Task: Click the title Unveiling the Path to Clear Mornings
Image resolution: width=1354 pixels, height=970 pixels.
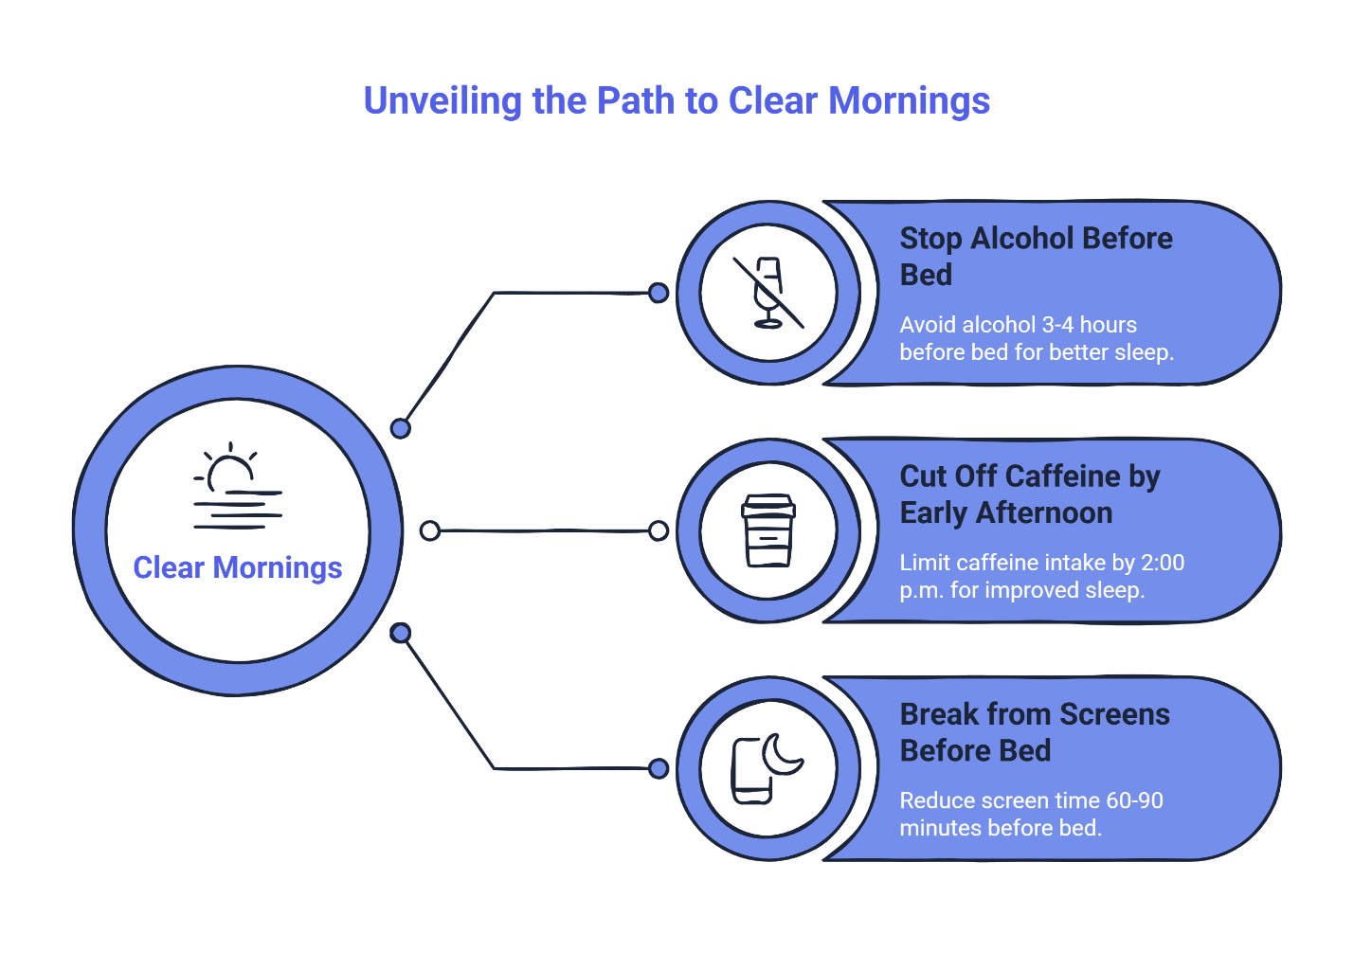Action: click(677, 101)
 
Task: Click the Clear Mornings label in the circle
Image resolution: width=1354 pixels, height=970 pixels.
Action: click(237, 567)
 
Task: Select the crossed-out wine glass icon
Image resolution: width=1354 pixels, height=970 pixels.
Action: click(768, 293)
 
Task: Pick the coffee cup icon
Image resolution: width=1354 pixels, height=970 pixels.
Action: click(768, 530)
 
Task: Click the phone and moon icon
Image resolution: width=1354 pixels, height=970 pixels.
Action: click(767, 768)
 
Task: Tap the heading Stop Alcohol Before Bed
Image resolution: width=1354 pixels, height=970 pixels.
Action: click(1035, 256)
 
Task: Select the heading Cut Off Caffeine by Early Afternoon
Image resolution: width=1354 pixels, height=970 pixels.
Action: click(1029, 494)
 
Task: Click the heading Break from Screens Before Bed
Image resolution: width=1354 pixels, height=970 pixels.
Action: click(1034, 731)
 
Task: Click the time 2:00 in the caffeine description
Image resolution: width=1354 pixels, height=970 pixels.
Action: click(1162, 563)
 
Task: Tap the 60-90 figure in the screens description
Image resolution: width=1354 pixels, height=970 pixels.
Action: click(1134, 800)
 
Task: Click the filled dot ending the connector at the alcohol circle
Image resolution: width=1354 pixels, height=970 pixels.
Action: click(659, 293)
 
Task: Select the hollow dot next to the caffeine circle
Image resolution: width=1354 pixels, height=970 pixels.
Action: click(659, 530)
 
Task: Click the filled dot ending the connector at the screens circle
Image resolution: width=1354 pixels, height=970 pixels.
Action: click(659, 768)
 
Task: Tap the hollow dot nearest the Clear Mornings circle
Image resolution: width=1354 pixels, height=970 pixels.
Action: click(430, 530)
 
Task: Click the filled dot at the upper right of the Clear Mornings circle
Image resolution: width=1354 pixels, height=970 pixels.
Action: click(401, 428)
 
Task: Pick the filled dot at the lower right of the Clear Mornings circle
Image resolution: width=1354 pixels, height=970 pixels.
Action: click(401, 632)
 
